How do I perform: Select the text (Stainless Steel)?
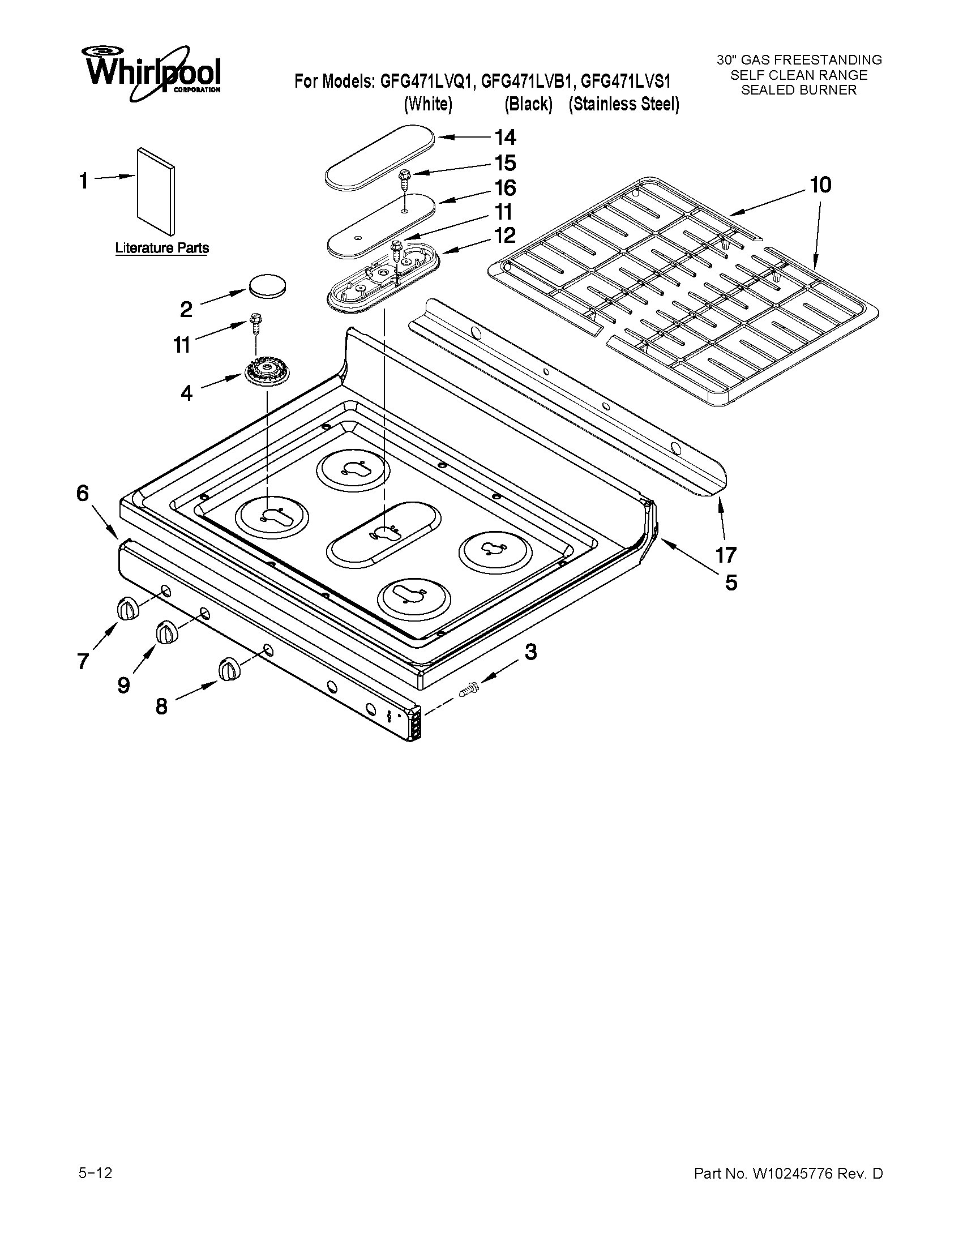pos(623,104)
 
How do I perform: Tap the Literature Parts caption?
pos(162,248)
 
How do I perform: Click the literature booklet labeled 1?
pos(156,191)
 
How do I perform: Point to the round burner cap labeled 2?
pos(267,285)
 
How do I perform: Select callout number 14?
pos(505,138)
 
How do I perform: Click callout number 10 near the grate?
pos(820,185)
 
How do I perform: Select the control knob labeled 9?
pos(165,633)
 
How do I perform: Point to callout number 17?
pos(726,554)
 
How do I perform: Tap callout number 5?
pos(731,583)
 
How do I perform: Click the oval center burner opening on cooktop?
pos(383,533)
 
